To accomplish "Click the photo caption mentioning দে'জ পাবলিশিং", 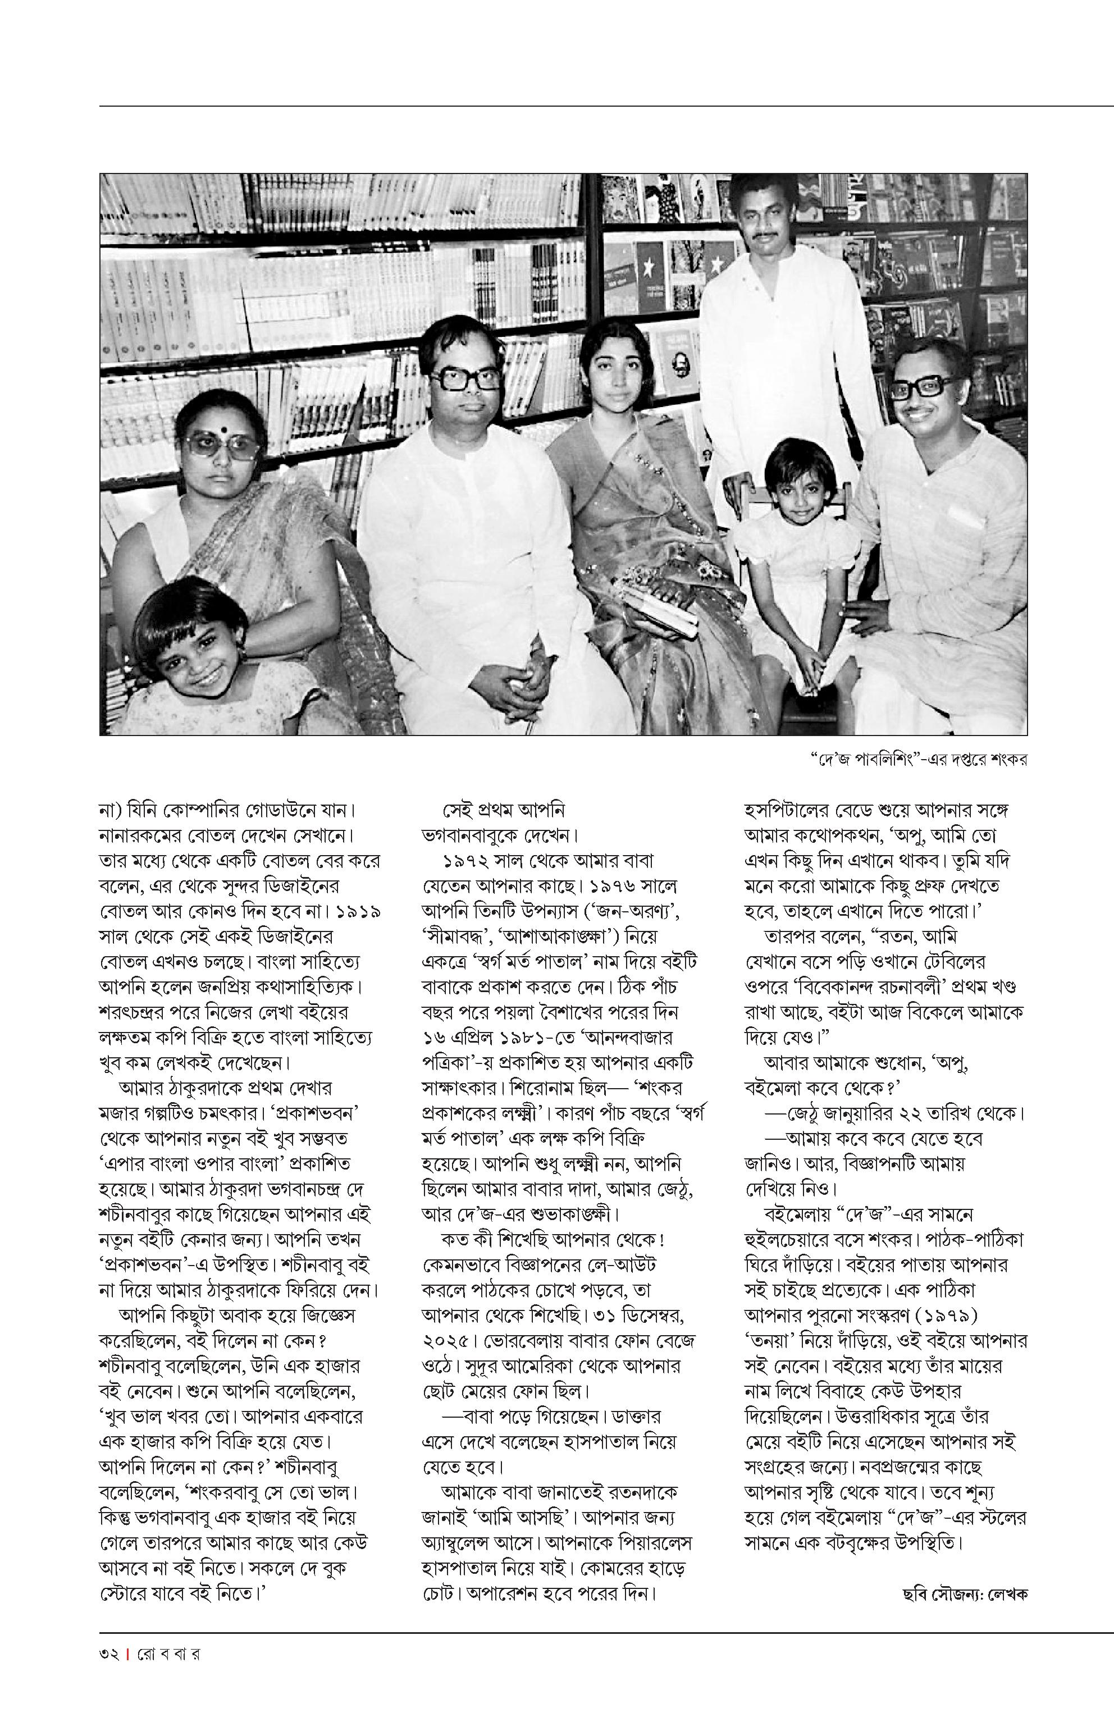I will point(919,759).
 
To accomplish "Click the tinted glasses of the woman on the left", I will point(221,445).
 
